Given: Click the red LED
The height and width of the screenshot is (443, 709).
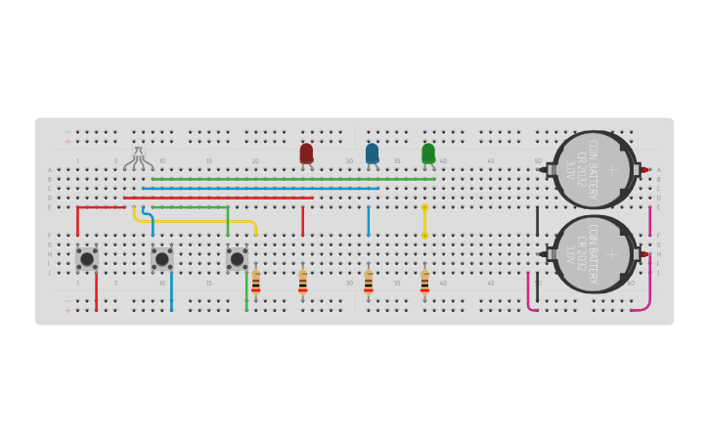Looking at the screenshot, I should coord(306,154).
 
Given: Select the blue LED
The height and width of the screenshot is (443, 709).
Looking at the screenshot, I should coord(372,154).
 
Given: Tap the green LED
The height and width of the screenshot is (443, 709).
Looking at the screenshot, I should coord(428,154).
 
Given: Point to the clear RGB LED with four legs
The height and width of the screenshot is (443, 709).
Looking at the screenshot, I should coord(139,156).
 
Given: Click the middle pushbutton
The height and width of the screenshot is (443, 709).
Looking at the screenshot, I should coord(161,258).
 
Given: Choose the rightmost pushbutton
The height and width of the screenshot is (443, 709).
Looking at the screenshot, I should coord(237,258).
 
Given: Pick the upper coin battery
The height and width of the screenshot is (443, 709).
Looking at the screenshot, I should coord(594,169).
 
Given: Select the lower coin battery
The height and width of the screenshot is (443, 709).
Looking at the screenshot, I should coord(594,254).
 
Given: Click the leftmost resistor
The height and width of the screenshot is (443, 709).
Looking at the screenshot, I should coord(255,283).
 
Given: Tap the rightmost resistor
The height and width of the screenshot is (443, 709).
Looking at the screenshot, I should coord(424,283).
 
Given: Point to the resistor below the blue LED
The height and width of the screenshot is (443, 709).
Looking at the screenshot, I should coord(368,283).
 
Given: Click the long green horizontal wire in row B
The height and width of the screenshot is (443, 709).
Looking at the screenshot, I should coord(293,179).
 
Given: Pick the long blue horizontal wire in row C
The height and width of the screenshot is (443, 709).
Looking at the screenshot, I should coord(260,188).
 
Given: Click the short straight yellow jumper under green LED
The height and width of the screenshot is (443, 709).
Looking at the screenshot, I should coord(424,221).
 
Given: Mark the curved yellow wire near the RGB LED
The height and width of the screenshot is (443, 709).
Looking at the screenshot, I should coord(196,222).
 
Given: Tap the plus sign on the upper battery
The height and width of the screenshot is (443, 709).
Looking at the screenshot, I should coord(612,169).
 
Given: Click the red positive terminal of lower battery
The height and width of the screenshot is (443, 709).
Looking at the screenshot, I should coord(644,254).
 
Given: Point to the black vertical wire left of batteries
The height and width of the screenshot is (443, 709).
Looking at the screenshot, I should coord(537,221).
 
